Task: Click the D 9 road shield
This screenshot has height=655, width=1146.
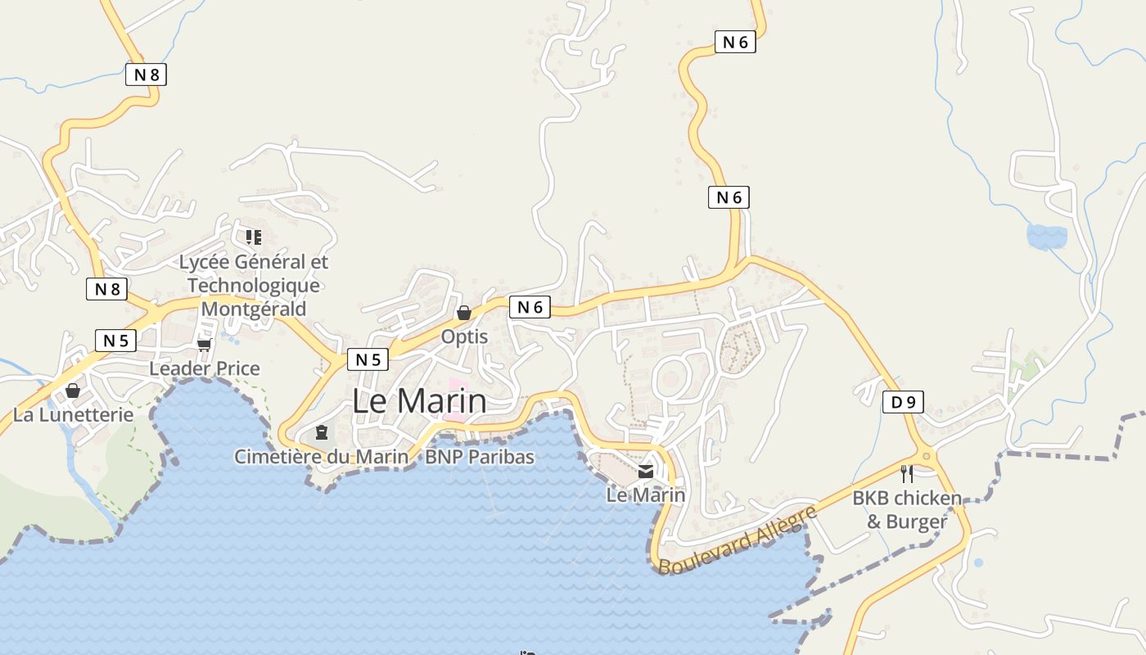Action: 904,402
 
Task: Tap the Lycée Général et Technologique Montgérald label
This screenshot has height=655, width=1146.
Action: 254,285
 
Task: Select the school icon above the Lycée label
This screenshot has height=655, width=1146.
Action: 254,237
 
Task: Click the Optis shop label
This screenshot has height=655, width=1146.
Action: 464,337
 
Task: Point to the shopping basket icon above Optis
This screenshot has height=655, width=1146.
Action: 464,313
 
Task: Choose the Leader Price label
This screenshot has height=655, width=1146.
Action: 205,368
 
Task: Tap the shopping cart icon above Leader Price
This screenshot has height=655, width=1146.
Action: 204,345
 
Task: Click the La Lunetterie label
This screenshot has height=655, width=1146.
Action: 73,414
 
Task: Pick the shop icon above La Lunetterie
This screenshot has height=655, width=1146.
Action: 73,391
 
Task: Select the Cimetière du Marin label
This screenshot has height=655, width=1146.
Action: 321,456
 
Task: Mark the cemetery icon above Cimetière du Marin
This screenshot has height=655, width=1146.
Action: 322,431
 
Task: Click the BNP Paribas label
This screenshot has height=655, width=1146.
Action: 480,456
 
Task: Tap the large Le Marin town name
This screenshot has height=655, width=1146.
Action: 419,401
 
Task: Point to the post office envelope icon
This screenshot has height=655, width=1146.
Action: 646,471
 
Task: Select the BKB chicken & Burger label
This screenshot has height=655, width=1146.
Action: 907,509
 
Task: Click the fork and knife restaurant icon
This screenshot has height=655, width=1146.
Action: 907,474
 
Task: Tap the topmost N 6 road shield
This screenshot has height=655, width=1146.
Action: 734,42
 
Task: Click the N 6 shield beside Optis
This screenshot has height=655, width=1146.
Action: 530,307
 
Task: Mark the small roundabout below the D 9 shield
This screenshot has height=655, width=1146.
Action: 927,456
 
